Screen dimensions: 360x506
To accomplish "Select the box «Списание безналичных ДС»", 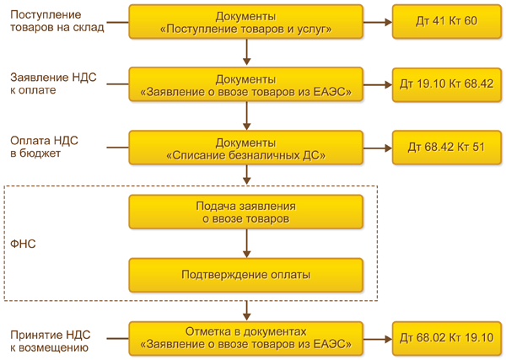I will (x=245, y=148).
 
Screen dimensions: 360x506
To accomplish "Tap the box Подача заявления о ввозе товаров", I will (x=245, y=211).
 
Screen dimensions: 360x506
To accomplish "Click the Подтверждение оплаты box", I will (x=245, y=274).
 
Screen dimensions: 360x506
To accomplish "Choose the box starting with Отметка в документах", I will (x=245, y=337).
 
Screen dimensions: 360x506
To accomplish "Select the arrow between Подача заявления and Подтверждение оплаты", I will (x=245, y=243).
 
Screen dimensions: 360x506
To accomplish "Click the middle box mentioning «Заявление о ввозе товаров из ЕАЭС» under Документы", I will (x=245, y=84).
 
